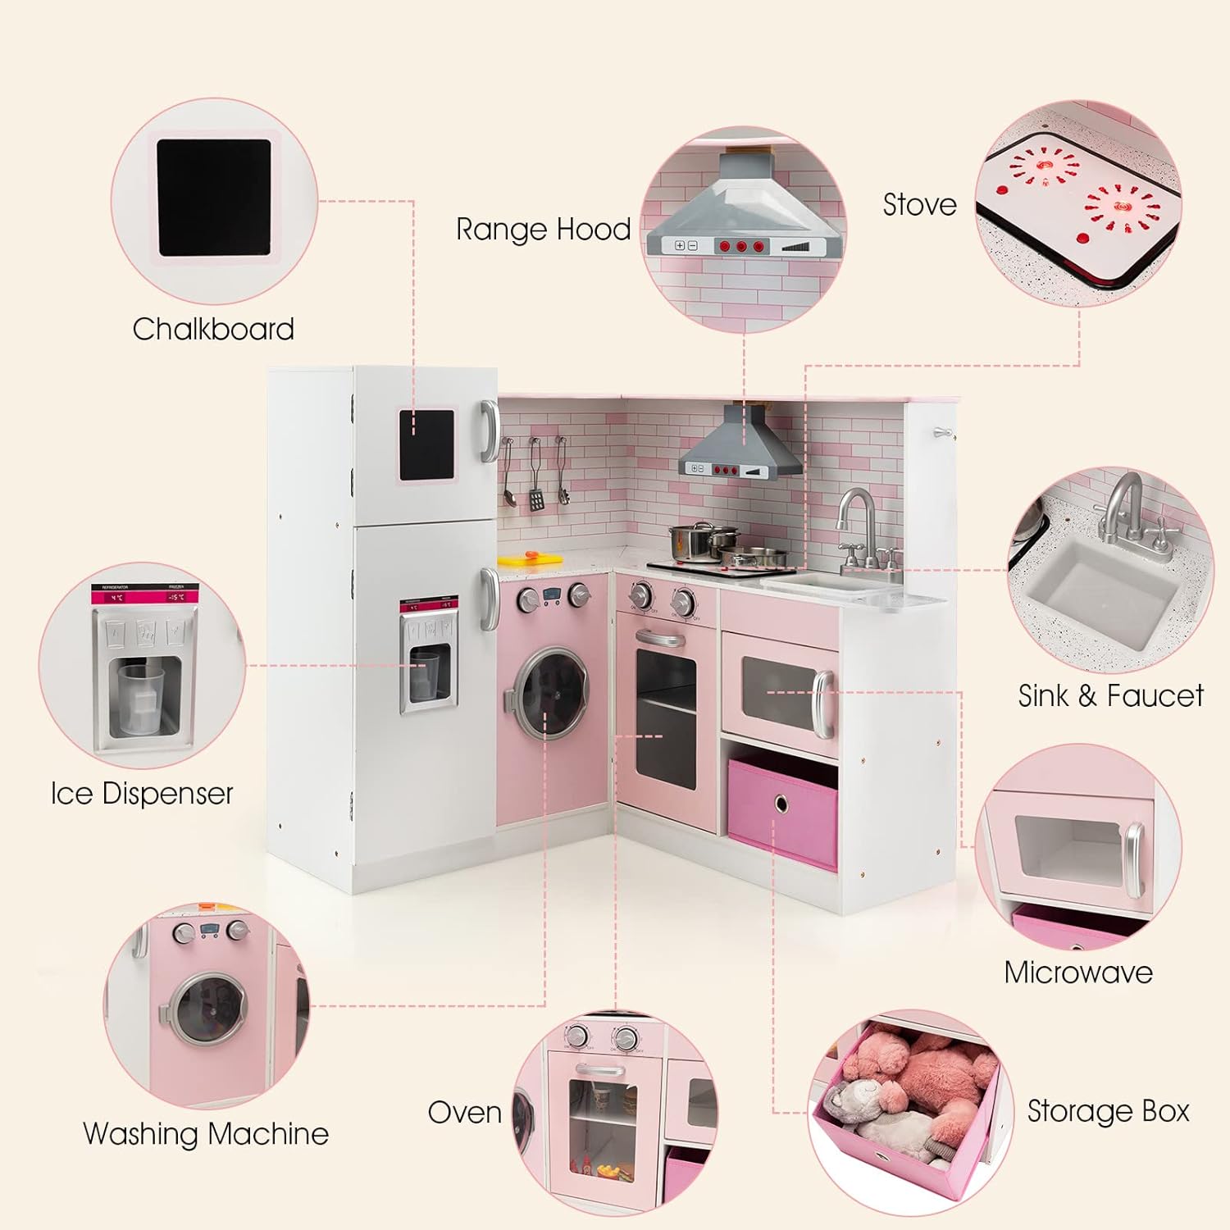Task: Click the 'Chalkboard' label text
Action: pos(213,329)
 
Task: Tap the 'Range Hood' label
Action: pos(543,230)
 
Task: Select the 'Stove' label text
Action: pos(919,204)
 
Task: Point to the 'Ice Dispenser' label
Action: pos(142,793)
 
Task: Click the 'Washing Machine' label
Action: pos(206,1133)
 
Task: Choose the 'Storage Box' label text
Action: pos(1108,1111)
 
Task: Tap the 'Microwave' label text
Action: pos(1078,973)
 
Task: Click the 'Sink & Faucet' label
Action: pos(1110,695)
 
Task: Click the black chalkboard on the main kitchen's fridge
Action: pos(426,444)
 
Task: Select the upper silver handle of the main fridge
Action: pos(490,430)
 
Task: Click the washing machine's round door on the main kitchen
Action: pos(551,691)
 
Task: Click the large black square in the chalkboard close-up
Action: pos(214,197)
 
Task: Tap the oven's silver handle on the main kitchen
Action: pos(661,638)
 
